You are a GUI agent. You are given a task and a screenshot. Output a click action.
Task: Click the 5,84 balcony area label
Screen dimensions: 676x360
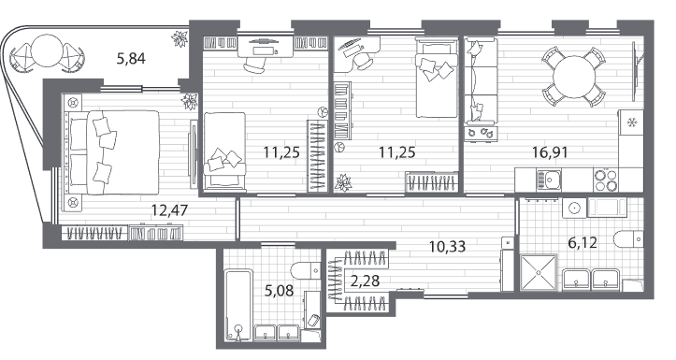click(x=131, y=58)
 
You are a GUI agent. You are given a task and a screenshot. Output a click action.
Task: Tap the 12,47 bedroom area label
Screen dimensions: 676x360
click(x=170, y=210)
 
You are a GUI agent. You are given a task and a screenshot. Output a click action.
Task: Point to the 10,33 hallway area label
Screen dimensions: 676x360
click(x=447, y=247)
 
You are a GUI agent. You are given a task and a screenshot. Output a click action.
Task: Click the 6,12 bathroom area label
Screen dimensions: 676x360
click(x=583, y=243)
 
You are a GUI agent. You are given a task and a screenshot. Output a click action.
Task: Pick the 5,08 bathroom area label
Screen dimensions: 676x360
click(x=279, y=291)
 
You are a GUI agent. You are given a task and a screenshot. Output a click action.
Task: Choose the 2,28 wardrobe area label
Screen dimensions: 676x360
click(x=366, y=281)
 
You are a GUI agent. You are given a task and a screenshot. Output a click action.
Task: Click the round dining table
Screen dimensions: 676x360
click(x=574, y=77)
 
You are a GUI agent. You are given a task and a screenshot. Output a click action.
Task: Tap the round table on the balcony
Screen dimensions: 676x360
click(x=47, y=50)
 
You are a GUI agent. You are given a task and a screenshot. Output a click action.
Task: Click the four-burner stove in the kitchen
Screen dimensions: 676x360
click(x=605, y=180)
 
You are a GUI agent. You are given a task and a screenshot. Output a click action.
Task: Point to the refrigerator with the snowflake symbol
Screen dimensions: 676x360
click(x=631, y=122)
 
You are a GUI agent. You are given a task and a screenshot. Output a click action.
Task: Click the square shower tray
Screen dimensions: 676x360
click(x=539, y=272)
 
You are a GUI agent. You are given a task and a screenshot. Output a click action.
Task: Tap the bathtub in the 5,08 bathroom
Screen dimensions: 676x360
click(x=238, y=305)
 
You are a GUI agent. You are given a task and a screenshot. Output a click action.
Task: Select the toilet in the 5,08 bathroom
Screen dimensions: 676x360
click(x=305, y=271)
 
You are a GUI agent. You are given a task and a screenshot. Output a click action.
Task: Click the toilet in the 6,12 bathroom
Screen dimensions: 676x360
click(x=628, y=238)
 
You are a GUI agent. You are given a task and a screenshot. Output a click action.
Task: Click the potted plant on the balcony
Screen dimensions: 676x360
click(x=179, y=38)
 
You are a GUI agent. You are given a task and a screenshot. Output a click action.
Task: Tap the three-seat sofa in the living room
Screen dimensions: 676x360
click(x=482, y=82)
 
